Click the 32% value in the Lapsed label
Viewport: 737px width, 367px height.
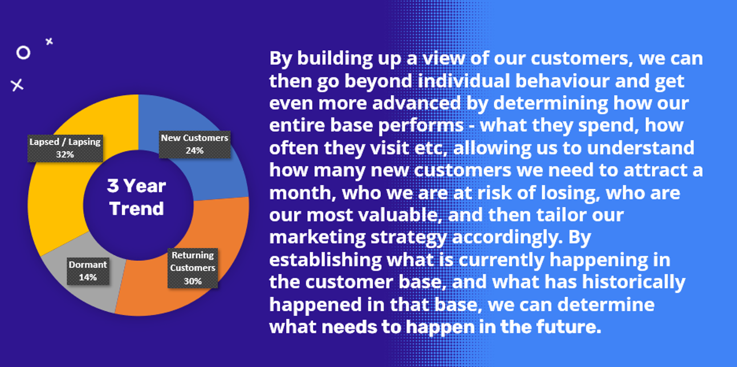click(x=64, y=154)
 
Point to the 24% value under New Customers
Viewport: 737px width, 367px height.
click(x=194, y=151)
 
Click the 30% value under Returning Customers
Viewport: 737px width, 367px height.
click(x=193, y=281)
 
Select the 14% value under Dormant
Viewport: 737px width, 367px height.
click(x=88, y=277)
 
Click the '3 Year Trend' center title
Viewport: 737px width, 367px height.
click(x=137, y=197)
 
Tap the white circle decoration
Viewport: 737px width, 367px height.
click(x=23, y=53)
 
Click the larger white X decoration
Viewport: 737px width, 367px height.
click(x=18, y=85)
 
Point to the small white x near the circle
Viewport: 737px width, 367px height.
click(x=49, y=41)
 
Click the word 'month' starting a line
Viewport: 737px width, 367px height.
click(x=300, y=193)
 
